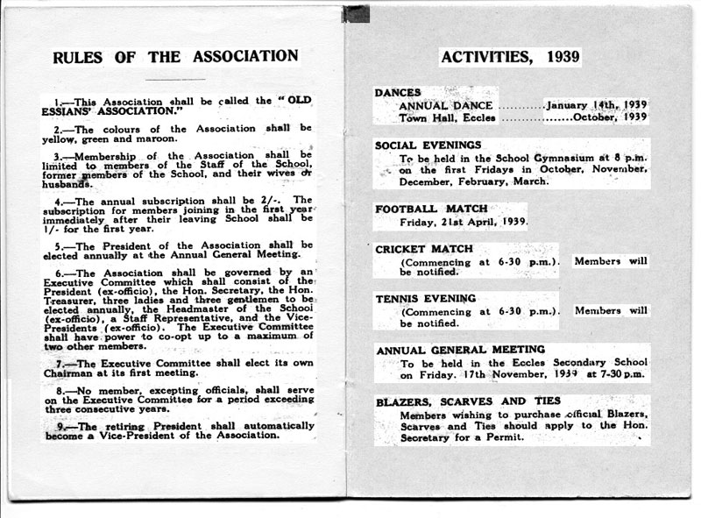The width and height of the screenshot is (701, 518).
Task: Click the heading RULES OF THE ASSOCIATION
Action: point(175,57)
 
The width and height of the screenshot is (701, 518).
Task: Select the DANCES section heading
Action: point(398,92)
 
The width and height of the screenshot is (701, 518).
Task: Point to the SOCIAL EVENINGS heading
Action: point(428,145)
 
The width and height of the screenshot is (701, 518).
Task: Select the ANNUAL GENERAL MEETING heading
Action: point(459,350)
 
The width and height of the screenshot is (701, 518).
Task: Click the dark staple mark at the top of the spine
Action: point(355,12)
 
